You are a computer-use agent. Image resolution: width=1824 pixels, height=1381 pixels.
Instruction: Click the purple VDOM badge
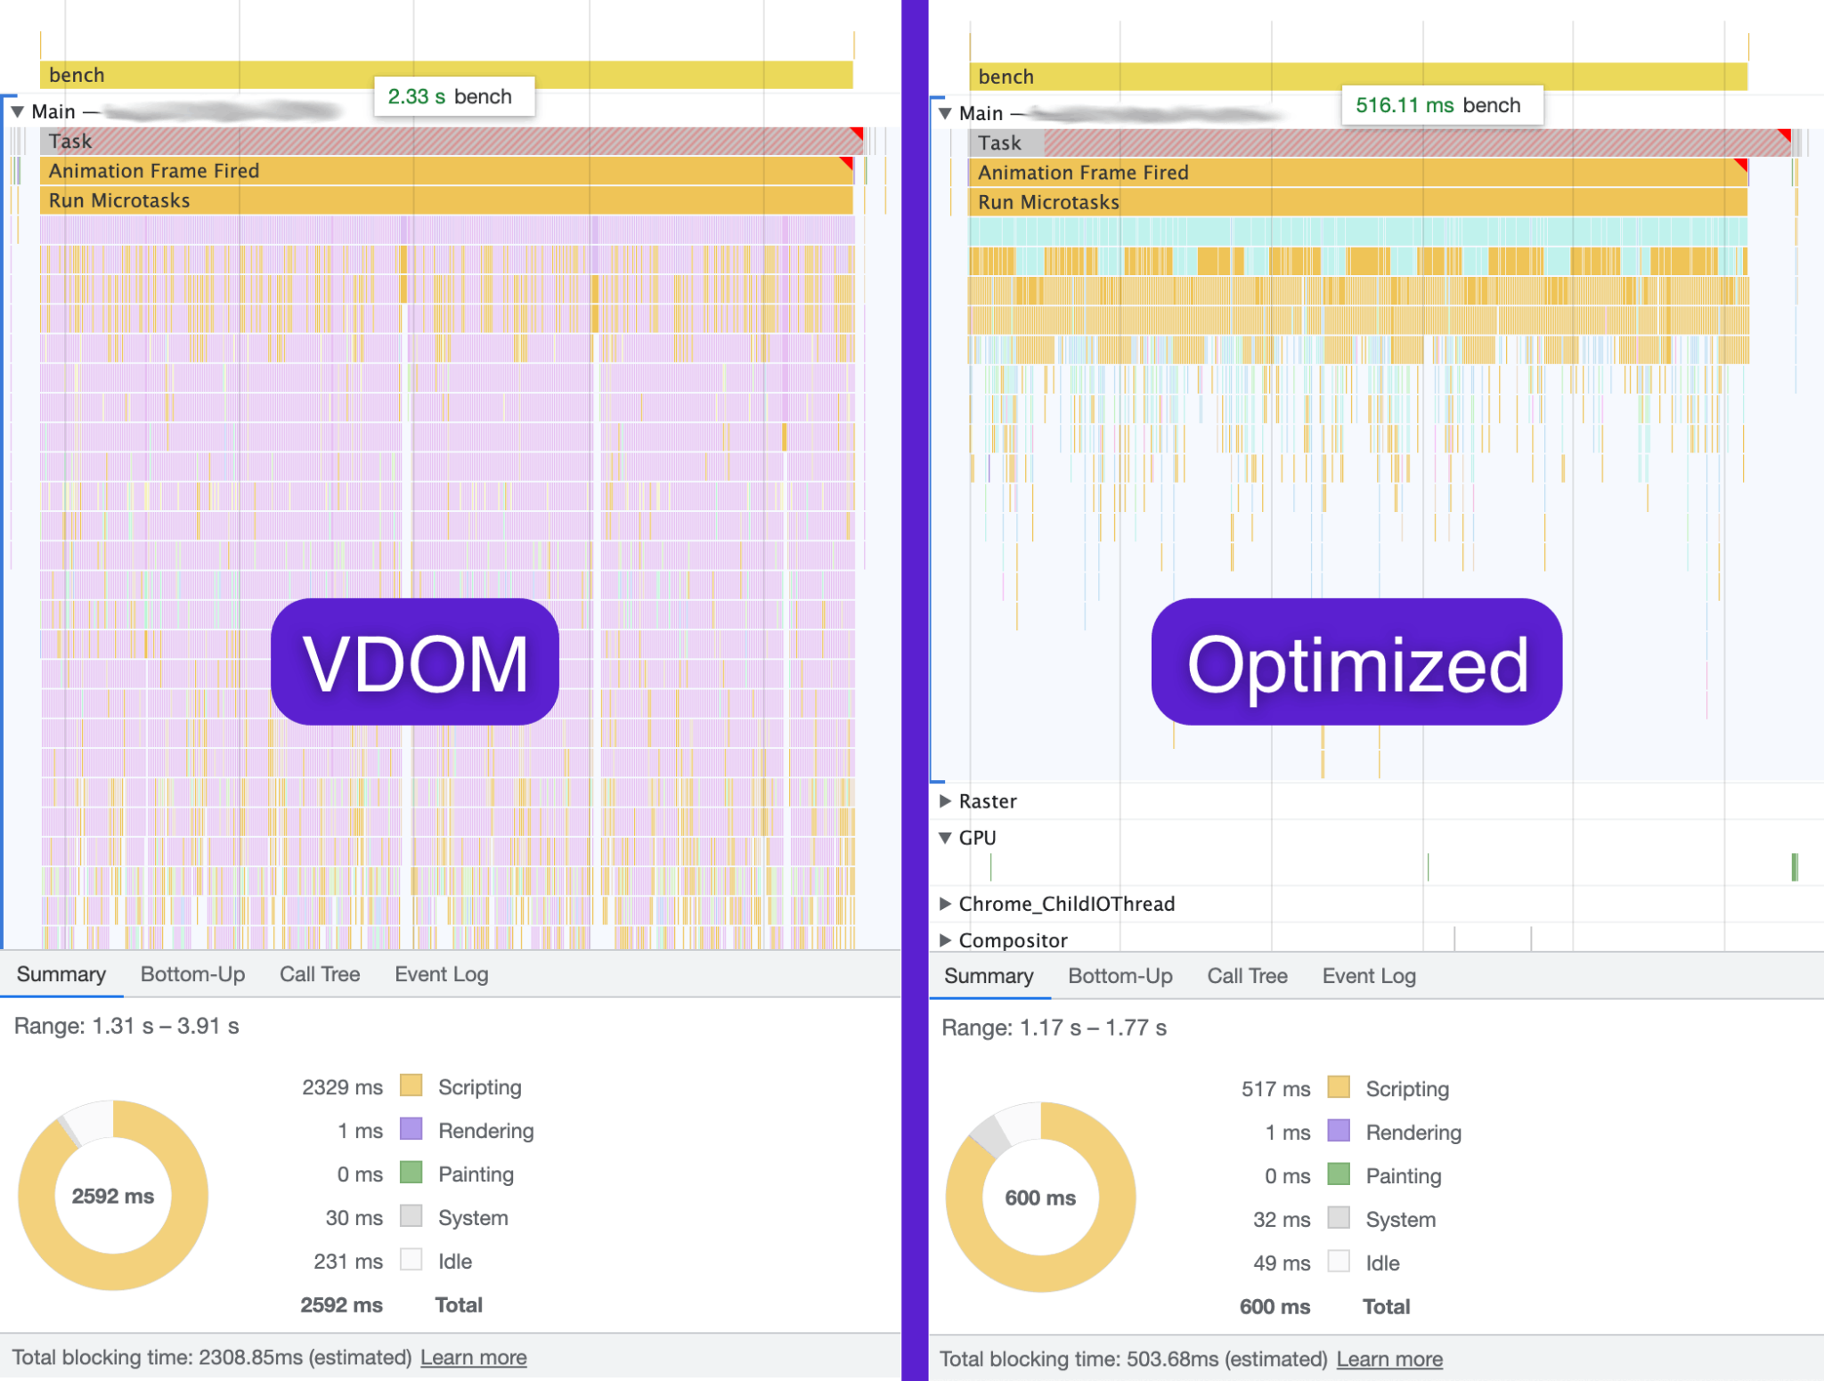pos(415,662)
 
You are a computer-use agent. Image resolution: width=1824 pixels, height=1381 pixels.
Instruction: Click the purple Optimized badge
pos(1356,662)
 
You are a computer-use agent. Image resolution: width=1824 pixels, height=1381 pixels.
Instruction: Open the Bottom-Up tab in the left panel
pos(192,974)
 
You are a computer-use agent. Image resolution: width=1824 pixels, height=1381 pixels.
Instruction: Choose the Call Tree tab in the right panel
pos(1247,976)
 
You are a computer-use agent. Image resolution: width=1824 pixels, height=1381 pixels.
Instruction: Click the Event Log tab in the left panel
pos(441,974)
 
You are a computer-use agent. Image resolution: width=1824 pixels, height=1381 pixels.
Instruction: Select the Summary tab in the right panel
pos(989,976)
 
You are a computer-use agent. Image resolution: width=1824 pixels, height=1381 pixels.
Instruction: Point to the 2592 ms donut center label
pos(113,1196)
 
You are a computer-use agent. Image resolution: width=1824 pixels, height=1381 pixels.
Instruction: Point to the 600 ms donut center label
pos(1040,1198)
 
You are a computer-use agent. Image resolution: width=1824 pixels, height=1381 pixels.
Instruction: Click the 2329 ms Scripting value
pos(342,1087)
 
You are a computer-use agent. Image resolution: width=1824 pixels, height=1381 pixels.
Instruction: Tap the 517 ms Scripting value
pos(1275,1089)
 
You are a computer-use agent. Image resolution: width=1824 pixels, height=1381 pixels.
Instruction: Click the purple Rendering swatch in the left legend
pos(411,1129)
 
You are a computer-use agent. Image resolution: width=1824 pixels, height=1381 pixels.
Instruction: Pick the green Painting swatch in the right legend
pos(1339,1174)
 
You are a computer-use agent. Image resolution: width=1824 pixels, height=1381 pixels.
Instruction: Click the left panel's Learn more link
pos(473,1357)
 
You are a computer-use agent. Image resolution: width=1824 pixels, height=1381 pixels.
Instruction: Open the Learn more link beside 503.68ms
pos(1389,1359)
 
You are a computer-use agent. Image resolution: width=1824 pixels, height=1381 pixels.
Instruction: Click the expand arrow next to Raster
pos(945,801)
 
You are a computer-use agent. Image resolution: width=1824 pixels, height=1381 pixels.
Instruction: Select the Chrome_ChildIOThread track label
pos(1066,904)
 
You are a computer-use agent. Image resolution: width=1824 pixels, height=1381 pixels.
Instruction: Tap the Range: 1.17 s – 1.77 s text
pos(1054,1028)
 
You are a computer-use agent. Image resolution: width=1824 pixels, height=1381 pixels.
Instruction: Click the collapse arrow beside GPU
pos(945,838)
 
